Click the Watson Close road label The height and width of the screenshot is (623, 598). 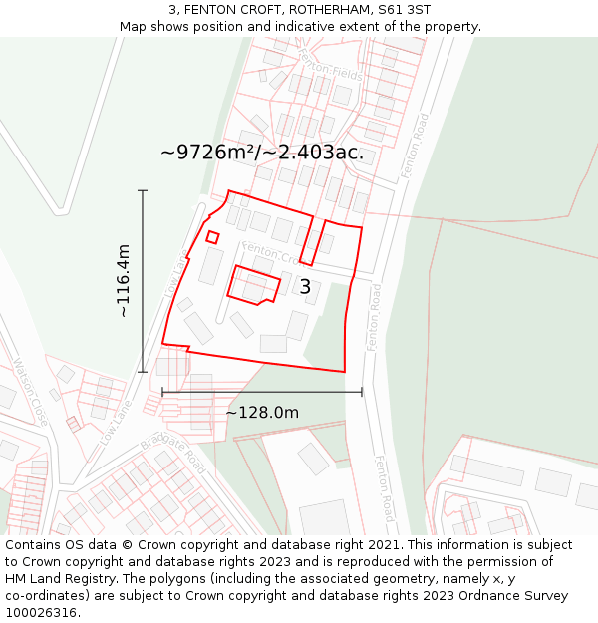pos(31,393)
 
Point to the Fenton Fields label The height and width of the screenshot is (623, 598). pos(316,65)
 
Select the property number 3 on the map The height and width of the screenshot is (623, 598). pos(305,287)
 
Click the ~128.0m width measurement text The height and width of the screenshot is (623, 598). pos(262,413)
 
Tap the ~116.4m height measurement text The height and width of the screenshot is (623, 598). pos(124,280)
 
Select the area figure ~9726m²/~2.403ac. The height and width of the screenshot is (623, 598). pos(262,153)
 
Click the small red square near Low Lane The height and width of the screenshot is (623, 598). pos(212,237)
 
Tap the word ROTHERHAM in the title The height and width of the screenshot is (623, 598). pos(328,10)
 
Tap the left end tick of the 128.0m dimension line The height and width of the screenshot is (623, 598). pos(162,393)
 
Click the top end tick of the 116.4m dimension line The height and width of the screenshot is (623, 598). pos(143,190)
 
